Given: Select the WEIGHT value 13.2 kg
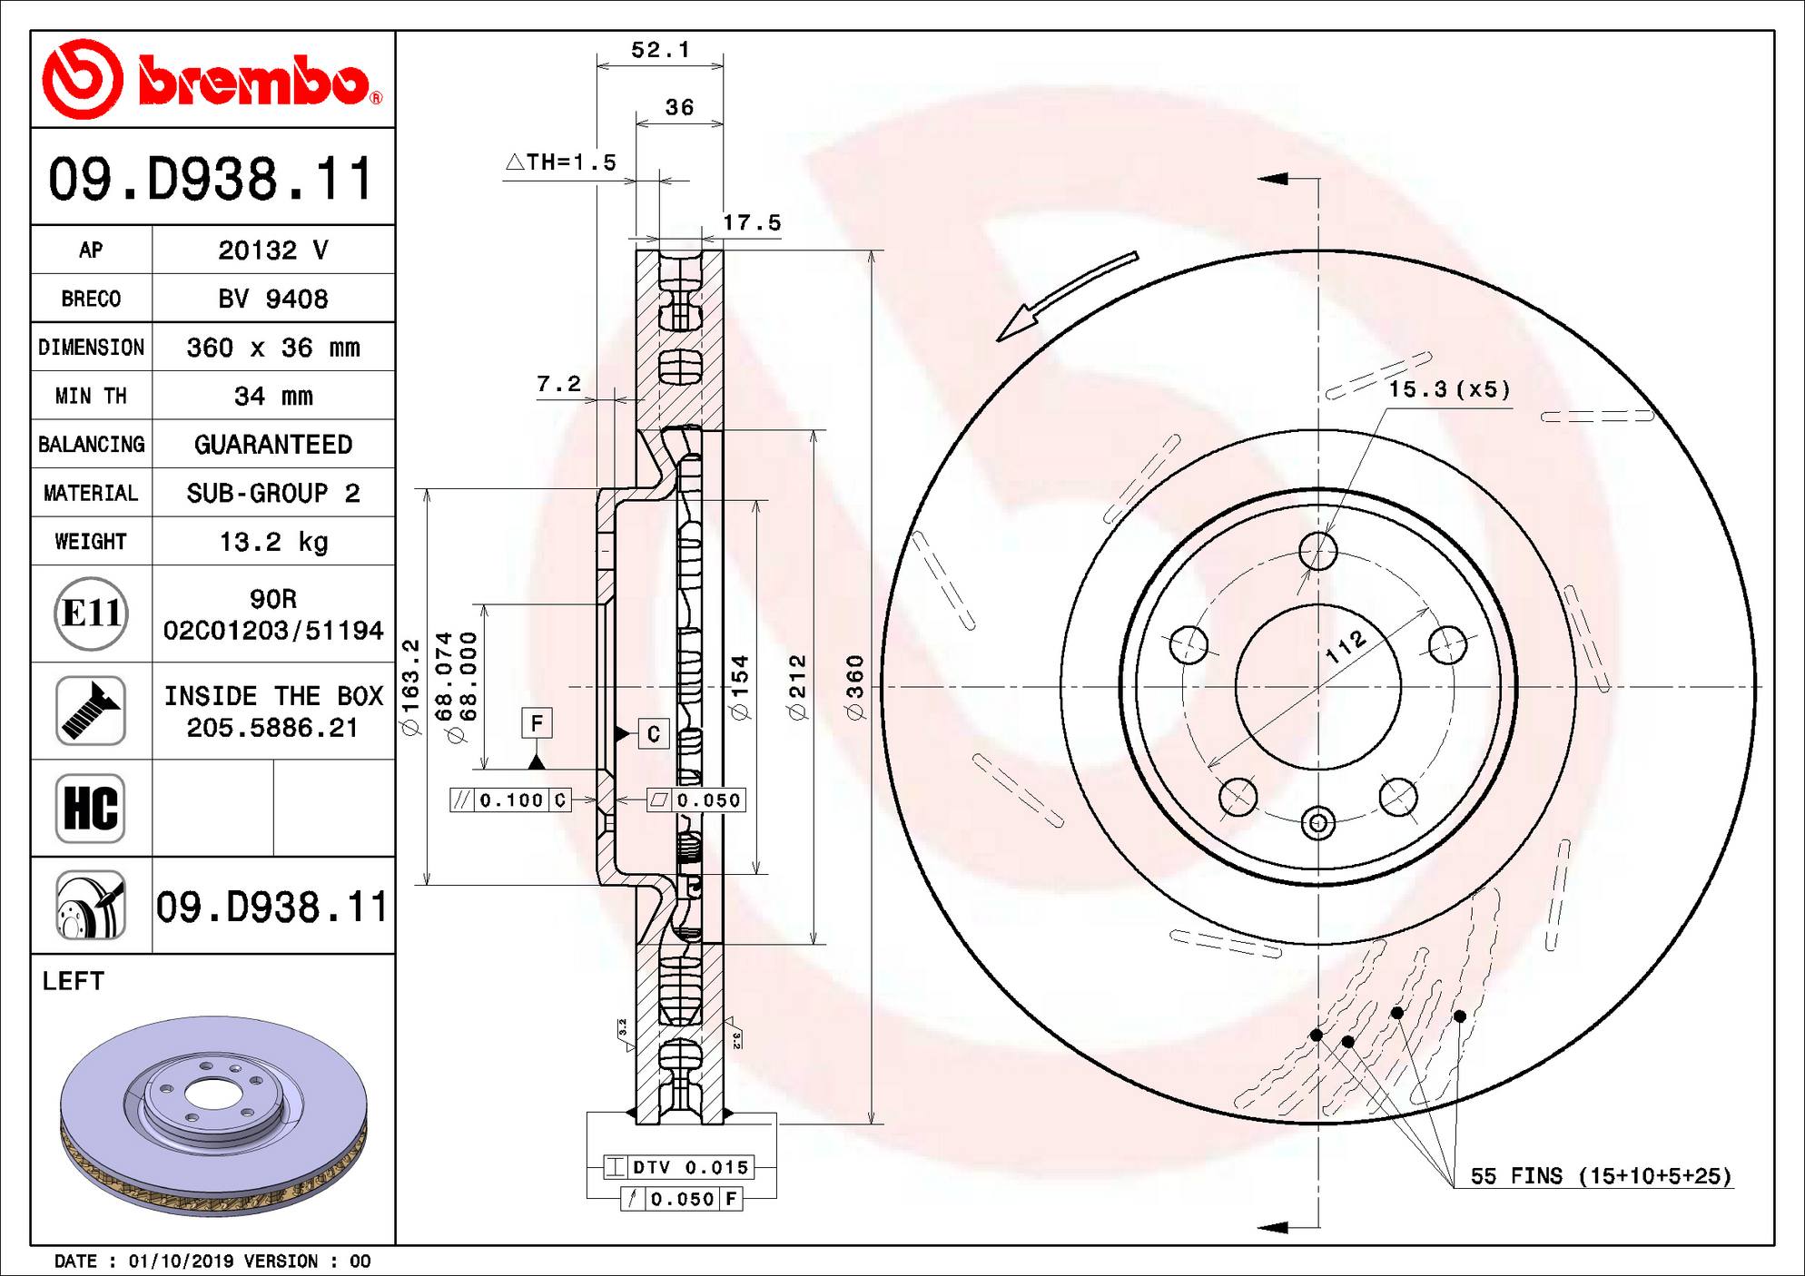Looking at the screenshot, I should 273,542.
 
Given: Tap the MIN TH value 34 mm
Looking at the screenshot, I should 273,396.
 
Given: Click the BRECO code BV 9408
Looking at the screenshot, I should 273,299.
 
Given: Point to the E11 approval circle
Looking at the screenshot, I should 91,613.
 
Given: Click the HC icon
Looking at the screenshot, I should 91,808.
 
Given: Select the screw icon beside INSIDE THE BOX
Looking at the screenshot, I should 91,711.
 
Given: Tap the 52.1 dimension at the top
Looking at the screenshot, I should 660,50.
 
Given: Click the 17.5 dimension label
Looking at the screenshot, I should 752,222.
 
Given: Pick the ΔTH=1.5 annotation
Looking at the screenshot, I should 560,162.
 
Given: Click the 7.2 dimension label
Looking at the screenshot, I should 558,384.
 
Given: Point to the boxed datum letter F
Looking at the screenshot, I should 537,723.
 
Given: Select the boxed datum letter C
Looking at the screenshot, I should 654,733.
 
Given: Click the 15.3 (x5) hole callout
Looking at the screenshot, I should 1450,389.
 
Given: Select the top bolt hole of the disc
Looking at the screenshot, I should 1318,551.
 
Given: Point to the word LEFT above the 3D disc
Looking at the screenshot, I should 74,981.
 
